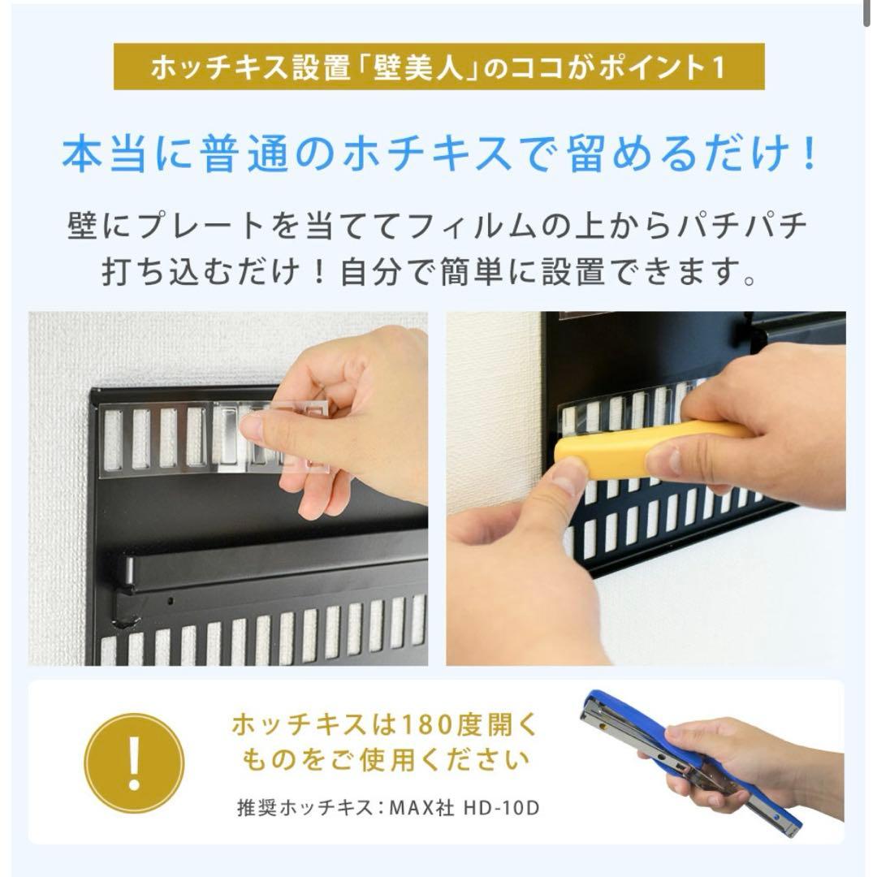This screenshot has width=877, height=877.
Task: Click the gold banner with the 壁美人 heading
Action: [438, 67]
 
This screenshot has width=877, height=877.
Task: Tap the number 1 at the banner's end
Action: [716, 67]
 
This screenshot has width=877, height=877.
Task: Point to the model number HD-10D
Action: [502, 808]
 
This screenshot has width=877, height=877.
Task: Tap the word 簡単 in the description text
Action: [486, 272]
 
